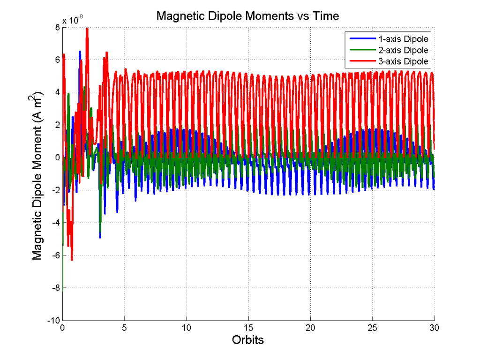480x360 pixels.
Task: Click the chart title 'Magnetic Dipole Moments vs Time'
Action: point(247,16)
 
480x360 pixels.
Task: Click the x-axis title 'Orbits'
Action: point(248,340)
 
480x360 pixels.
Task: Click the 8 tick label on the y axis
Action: point(56,27)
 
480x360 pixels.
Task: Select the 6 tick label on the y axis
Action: point(56,60)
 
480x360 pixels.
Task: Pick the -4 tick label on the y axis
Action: point(54,223)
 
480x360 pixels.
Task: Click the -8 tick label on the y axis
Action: point(54,288)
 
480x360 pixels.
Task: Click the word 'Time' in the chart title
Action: point(326,16)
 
